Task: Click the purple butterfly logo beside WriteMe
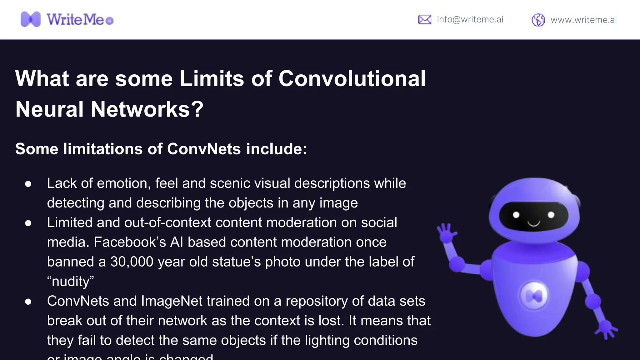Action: pos(30,19)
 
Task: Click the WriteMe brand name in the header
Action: pos(75,20)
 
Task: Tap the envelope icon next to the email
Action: pos(424,19)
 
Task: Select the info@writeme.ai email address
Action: pos(470,19)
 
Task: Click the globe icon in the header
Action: pos(538,20)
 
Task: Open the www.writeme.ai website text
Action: pos(583,20)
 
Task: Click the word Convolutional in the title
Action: pos(352,78)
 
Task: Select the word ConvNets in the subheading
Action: pos(204,149)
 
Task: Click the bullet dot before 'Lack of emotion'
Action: pos(28,184)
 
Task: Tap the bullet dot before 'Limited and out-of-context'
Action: pos(28,223)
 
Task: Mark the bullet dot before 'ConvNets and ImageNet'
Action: pos(28,302)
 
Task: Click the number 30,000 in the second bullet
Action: pos(132,262)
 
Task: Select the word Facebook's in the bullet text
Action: pos(130,242)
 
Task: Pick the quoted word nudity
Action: pos(70,282)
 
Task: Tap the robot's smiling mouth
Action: pos(534,223)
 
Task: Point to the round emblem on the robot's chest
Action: pos(534,296)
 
